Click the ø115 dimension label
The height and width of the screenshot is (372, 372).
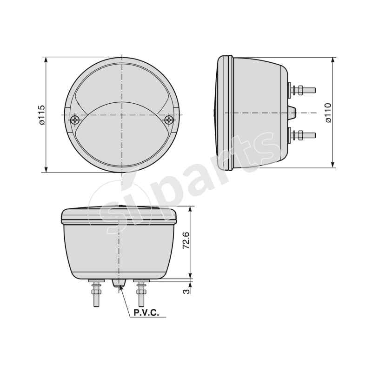[41, 115]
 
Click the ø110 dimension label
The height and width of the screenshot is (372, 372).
[328, 113]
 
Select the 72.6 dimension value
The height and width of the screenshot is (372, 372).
[186, 241]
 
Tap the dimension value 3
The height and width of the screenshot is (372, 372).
[186, 292]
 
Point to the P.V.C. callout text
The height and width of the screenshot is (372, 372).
[146, 313]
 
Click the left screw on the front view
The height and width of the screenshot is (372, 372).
[76, 120]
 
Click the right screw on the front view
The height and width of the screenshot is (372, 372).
[169, 120]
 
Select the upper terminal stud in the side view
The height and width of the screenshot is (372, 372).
[302, 90]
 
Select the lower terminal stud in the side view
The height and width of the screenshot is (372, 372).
[302, 135]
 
